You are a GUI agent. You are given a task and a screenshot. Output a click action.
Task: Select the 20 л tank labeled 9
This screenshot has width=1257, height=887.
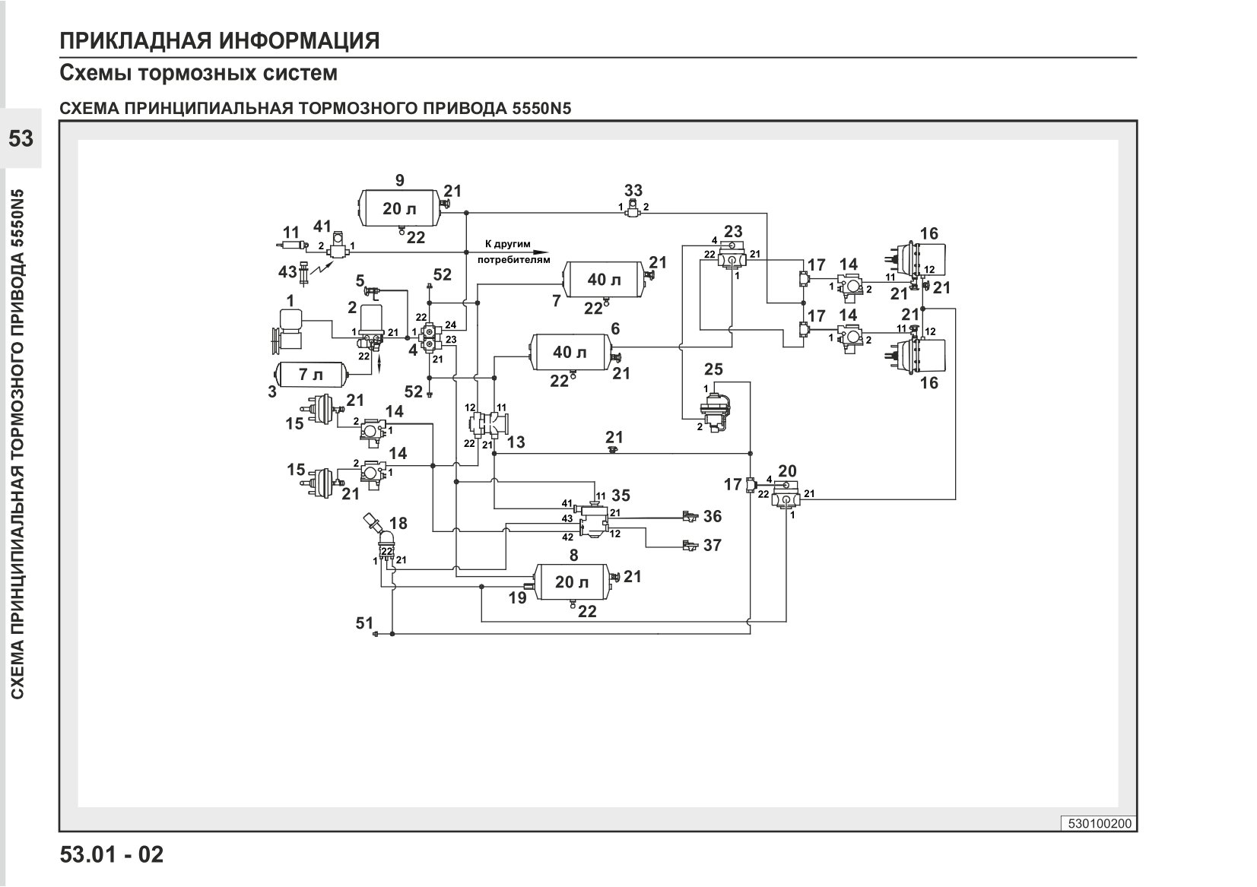click(399, 208)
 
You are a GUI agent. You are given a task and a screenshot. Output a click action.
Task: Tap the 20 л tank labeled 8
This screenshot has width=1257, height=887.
click(572, 581)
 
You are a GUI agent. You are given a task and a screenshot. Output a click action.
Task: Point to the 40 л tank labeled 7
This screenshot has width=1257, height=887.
click(605, 279)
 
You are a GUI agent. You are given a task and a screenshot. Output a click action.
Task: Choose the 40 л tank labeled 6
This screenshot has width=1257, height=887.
click(570, 352)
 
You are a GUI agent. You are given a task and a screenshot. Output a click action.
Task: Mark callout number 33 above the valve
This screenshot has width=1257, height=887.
click(633, 190)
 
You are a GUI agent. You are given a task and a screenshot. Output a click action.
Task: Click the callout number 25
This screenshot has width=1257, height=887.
click(713, 369)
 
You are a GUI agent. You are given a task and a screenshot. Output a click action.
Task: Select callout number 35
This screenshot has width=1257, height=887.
click(621, 495)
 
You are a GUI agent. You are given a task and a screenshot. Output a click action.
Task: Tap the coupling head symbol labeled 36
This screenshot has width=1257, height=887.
click(690, 516)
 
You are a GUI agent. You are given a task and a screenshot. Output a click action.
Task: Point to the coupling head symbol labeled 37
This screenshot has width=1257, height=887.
click(690, 545)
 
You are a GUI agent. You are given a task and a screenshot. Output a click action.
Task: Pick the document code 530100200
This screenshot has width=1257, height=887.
click(1100, 824)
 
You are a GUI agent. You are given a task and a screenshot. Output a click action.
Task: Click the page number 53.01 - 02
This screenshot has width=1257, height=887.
click(112, 854)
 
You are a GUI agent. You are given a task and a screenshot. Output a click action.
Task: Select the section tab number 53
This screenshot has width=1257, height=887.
click(21, 138)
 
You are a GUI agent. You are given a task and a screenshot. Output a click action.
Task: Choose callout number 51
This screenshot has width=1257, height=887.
click(364, 622)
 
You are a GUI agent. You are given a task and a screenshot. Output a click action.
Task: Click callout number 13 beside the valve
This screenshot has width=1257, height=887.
click(516, 442)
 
